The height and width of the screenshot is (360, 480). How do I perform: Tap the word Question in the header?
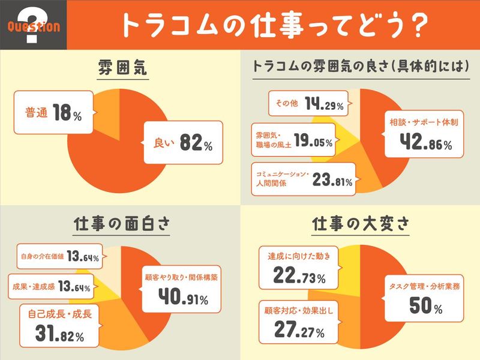pyautogui.click(x=34, y=26)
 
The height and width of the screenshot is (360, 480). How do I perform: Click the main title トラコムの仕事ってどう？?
pyautogui.click(x=274, y=25)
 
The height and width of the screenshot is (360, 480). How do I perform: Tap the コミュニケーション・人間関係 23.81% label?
pyautogui.click(x=303, y=178)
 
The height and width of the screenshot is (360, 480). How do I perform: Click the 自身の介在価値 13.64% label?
pyautogui.click(x=57, y=257)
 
